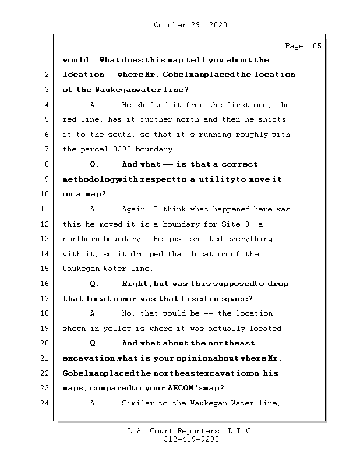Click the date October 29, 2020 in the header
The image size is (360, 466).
(190, 25)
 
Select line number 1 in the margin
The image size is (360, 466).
(46, 60)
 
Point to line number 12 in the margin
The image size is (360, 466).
(44, 224)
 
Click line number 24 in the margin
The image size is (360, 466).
(44, 403)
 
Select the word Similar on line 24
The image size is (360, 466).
(139, 403)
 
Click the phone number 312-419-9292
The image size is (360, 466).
(190, 440)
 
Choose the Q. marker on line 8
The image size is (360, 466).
(95, 164)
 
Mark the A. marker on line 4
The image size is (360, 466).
(95, 105)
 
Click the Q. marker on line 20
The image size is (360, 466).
(95, 343)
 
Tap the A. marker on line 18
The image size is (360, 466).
(95, 313)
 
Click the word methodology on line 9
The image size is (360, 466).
(89, 179)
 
